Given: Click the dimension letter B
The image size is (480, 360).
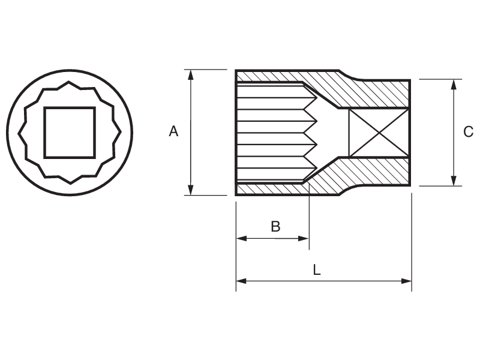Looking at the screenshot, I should [x=275, y=226].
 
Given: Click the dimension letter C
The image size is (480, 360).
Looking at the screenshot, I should [x=469, y=132].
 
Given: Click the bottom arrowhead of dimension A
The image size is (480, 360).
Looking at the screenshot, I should [x=191, y=190].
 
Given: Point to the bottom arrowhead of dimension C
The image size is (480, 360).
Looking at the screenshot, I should [x=454, y=181].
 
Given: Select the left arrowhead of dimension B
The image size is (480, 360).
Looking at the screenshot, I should [x=241, y=238].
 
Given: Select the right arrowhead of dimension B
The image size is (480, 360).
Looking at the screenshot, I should [x=304, y=238].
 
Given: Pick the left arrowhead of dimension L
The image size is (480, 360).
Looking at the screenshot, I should [x=241, y=280].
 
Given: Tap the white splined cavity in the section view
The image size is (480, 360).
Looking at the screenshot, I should [x=270, y=132].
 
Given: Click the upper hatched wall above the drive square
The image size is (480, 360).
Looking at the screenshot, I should [x=378, y=94].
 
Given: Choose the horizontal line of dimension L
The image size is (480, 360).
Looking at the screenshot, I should [x=360, y=280].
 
